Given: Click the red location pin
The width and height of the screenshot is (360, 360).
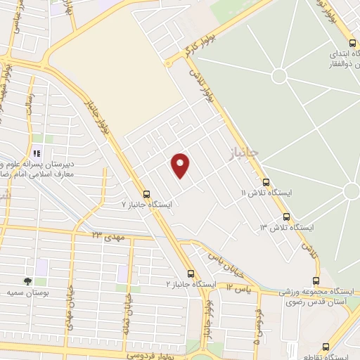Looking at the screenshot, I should (181, 165).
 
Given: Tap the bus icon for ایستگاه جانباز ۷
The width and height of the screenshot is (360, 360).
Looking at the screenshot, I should (146, 194).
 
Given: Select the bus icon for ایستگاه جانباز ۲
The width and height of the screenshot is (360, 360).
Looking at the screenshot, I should (191, 274).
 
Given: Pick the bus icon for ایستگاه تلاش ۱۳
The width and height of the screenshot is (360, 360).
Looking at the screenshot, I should (286, 217).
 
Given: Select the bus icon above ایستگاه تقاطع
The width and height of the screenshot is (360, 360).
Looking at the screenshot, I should (326, 346).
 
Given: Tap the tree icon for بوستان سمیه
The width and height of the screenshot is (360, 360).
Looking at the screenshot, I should (27, 281).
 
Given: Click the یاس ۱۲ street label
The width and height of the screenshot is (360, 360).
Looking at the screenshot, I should (239, 288).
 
